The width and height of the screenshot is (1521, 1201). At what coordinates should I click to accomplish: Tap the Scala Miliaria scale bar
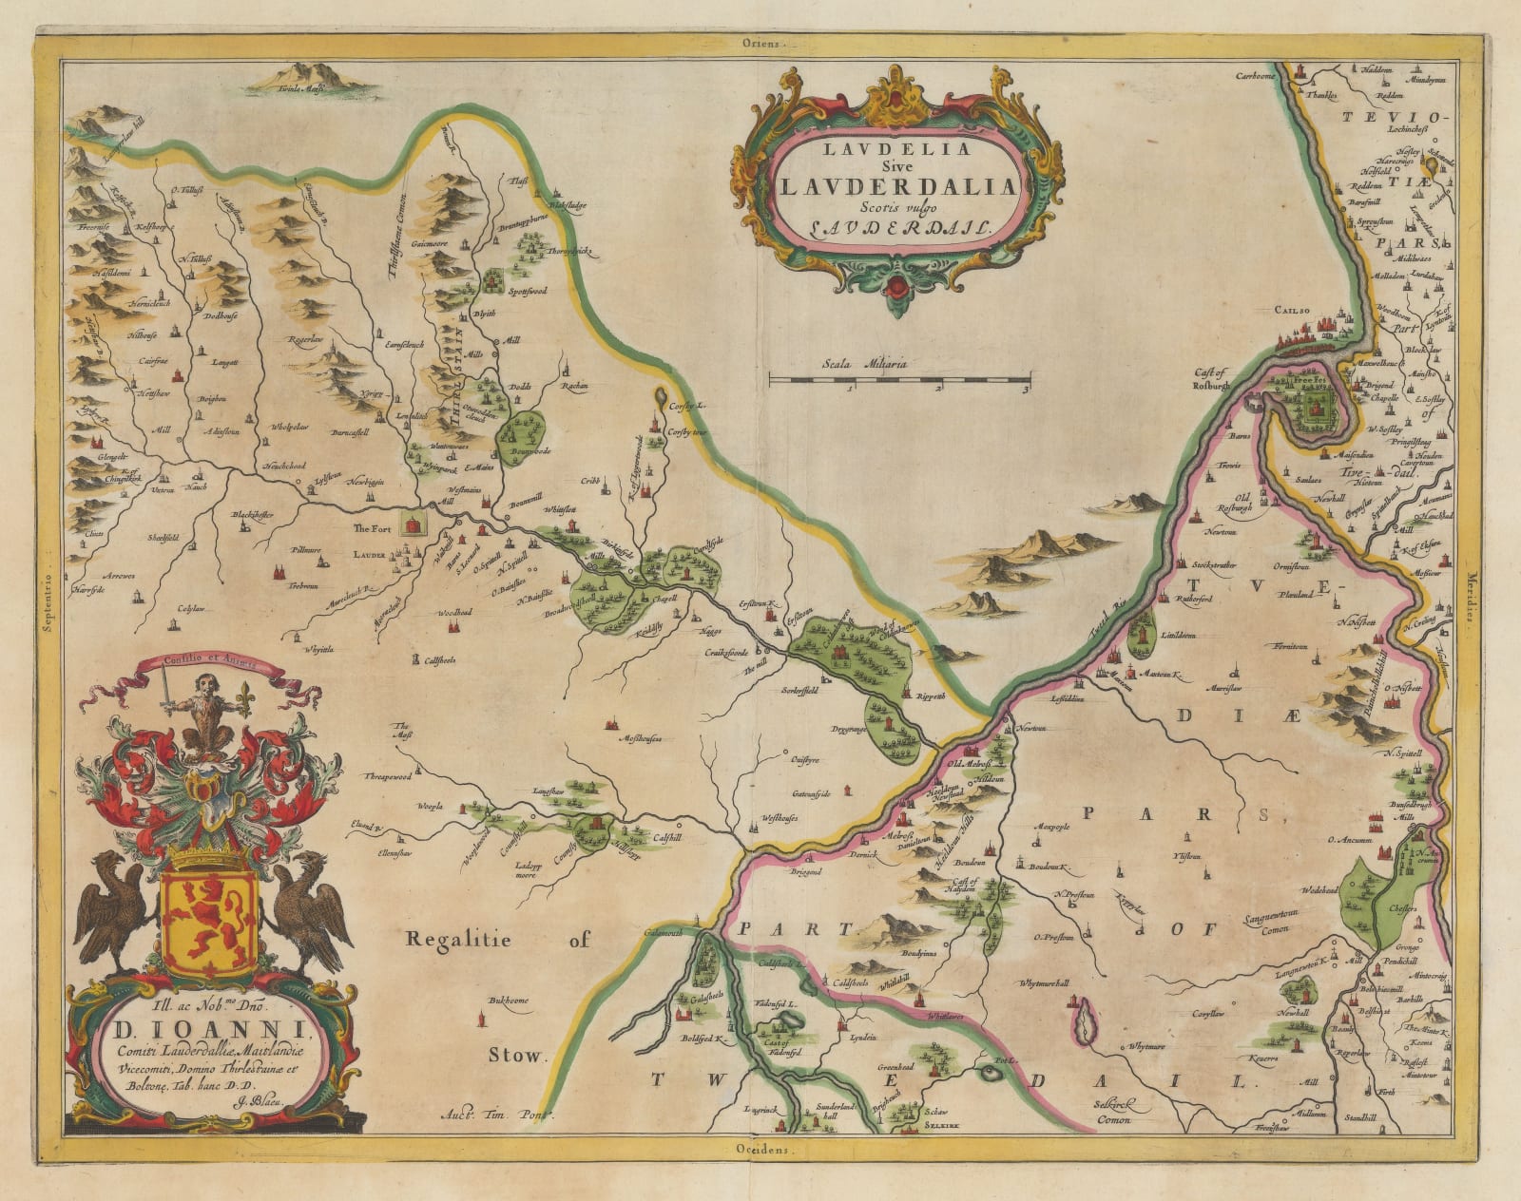pos(899,380)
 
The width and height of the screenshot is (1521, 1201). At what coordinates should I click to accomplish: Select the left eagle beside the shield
pos(112,911)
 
